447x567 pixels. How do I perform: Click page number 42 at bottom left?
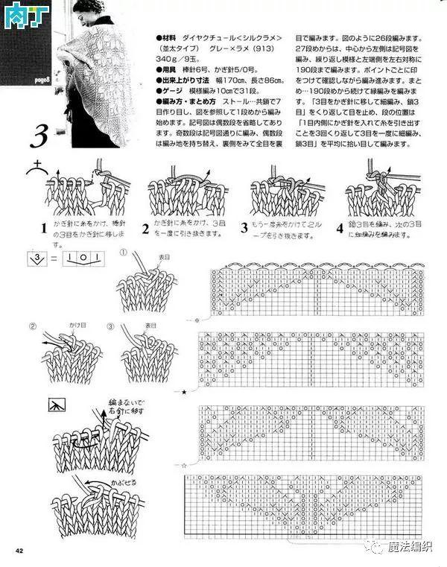20,551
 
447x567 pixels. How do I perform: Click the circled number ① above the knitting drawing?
124,253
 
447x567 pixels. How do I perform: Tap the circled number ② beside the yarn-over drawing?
33,326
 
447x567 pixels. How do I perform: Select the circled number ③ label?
110,326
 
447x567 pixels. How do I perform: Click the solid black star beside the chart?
184,390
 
